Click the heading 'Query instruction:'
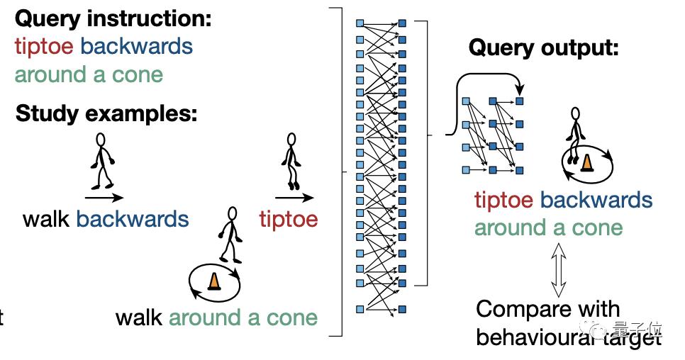pos(112,18)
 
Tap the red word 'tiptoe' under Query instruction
pos(44,46)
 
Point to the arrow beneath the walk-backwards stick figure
pos(104,198)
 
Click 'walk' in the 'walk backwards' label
pos(47,218)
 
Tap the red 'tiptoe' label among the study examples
pos(288,218)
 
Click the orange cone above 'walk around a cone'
pos(213,281)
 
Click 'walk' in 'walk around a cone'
pos(140,317)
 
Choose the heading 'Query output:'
pos(544,48)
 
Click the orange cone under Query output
pos(586,163)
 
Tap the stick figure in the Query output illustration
pos(576,129)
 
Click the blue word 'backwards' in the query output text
pos(596,200)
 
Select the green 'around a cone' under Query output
pos(548,227)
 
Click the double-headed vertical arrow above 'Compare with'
pos(558,270)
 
